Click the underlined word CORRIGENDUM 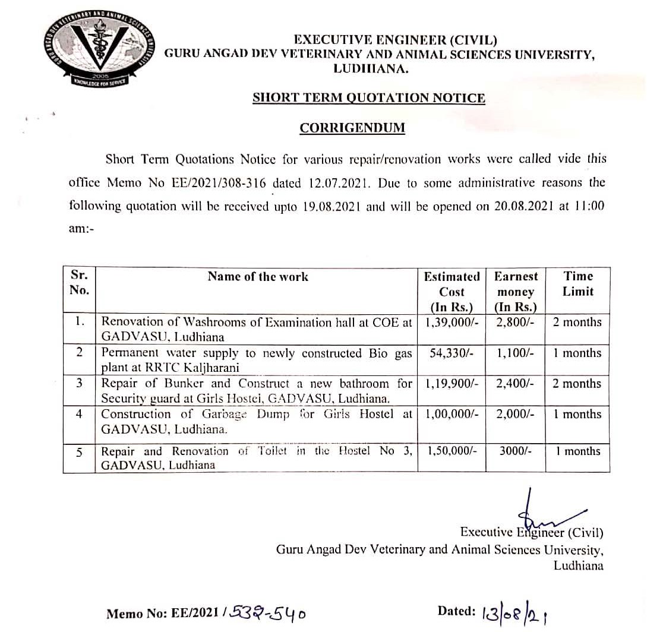[x=352, y=128]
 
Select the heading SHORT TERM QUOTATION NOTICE [x=368, y=98]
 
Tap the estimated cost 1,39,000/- [x=452, y=323]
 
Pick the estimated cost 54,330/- [x=452, y=353]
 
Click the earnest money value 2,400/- [x=515, y=384]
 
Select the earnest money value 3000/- [x=515, y=451]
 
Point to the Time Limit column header [x=578, y=284]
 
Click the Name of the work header [x=258, y=276]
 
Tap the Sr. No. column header [x=79, y=283]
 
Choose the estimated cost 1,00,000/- [x=452, y=414]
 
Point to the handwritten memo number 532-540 [x=270, y=613]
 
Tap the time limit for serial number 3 [x=577, y=384]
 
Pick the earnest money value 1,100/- [x=515, y=353]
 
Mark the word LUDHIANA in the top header [x=371, y=68]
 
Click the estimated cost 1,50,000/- [x=452, y=451]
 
